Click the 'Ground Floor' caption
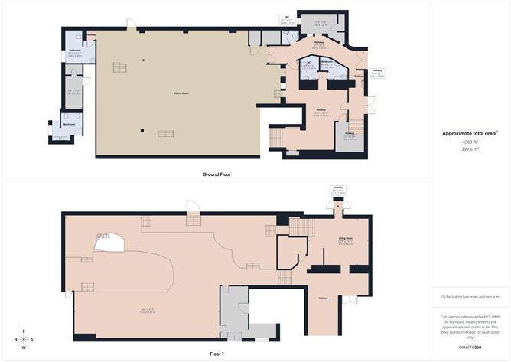[216, 174]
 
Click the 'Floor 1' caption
[216, 354]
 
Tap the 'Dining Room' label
[181, 93]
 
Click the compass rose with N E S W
[24, 339]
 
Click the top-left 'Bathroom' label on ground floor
[74, 52]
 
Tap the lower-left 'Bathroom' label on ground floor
[69, 123]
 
